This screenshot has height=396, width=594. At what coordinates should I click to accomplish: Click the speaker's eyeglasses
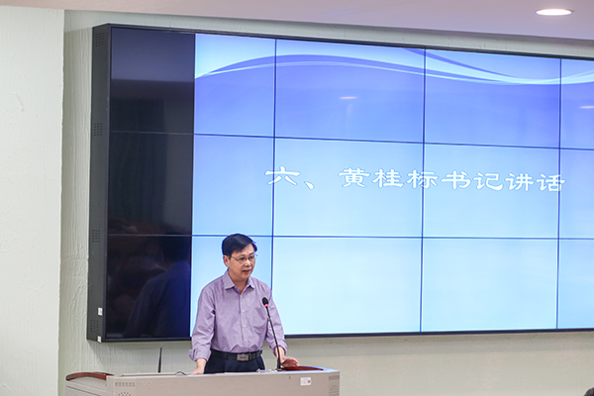click(x=243, y=257)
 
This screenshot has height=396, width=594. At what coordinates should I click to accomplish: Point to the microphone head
click(x=265, y=301)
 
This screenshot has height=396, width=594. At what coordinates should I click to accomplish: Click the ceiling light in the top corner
click(x=554, y=12)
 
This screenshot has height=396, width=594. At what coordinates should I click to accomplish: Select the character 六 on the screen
click(x=283, y=178)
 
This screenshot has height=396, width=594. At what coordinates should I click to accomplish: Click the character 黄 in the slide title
click(x=354, y=178)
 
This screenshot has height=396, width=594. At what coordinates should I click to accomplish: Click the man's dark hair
click(x=239, y=242)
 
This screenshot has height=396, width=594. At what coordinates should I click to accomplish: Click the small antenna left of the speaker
click(x=160, y=358)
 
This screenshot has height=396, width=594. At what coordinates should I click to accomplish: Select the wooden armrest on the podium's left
click(x=88, y=375)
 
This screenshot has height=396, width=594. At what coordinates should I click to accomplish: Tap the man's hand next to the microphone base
click(x=287, y=361)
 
